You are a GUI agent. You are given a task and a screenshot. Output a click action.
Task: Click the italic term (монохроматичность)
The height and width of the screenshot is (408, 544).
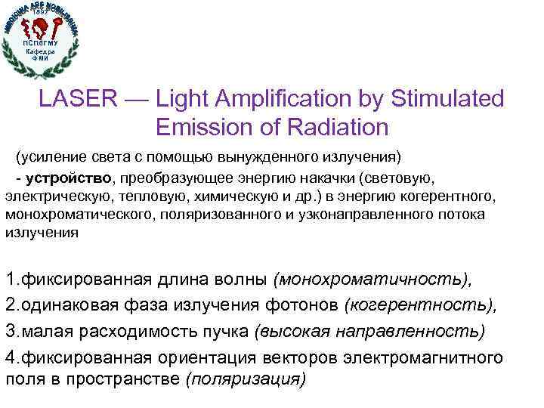373,280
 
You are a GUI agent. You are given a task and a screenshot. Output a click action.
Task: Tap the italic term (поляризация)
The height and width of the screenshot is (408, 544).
245,380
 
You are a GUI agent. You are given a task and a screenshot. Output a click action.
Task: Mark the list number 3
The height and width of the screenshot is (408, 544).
11,330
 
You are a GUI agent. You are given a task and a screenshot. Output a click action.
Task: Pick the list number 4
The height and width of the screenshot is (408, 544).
11,355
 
